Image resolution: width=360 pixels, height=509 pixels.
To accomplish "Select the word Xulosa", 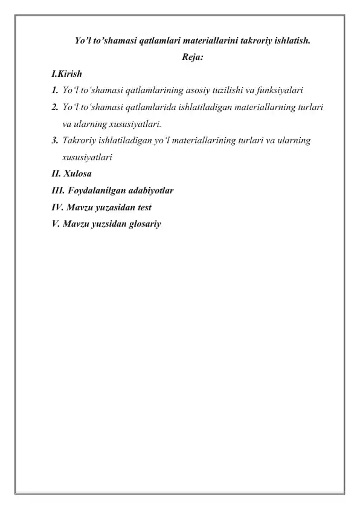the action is [78, 174].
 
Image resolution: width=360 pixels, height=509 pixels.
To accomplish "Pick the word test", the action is [141, 207].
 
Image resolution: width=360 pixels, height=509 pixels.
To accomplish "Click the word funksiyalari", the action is [280, 91].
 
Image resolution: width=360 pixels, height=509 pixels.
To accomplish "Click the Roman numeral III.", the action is [58, 191].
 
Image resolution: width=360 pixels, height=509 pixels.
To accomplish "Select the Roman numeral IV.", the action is [58, 207].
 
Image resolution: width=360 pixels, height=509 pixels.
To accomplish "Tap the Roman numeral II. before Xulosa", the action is [57, 174].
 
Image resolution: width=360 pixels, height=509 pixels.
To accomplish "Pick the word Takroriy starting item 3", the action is [79, 141].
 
